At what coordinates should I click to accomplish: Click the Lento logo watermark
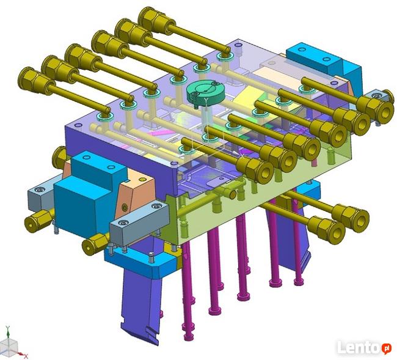tap(365, 348)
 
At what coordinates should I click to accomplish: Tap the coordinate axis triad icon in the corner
tap(12, 343)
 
